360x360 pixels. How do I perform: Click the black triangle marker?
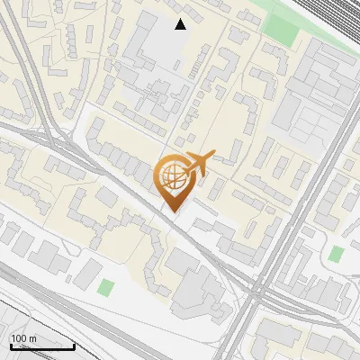pos(181,24)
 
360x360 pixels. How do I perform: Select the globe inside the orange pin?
pos(171,178)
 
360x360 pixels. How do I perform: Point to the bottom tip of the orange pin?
pos(171,211)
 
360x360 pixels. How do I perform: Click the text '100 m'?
pos(23,338)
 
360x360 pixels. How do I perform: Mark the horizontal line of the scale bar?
pos(42,346)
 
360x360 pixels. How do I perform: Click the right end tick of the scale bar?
pos(74,345)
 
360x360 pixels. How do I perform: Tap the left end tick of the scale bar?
pos(11,345)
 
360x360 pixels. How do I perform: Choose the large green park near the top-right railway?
pos(283,30)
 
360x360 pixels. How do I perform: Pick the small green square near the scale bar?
pos(107,289)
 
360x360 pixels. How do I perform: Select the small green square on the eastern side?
pos(337,254)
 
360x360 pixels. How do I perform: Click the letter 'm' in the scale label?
pos(32,338)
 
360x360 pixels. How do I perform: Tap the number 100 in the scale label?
pos(19,338)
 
